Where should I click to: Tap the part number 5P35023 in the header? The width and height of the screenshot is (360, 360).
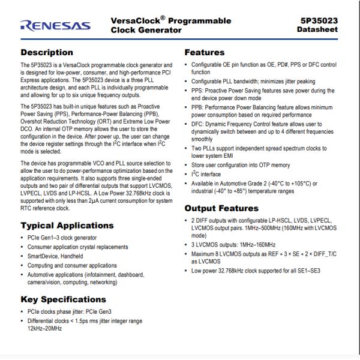(x=319, y=20)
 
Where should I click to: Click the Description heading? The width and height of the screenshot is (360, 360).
(x=47, y=53)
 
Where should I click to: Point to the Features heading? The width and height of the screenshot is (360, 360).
(x=204, y=53)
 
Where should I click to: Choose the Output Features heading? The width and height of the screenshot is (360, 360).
(x=221, y=209)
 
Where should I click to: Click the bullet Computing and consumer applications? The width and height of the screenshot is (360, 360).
(x=73, y=265)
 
